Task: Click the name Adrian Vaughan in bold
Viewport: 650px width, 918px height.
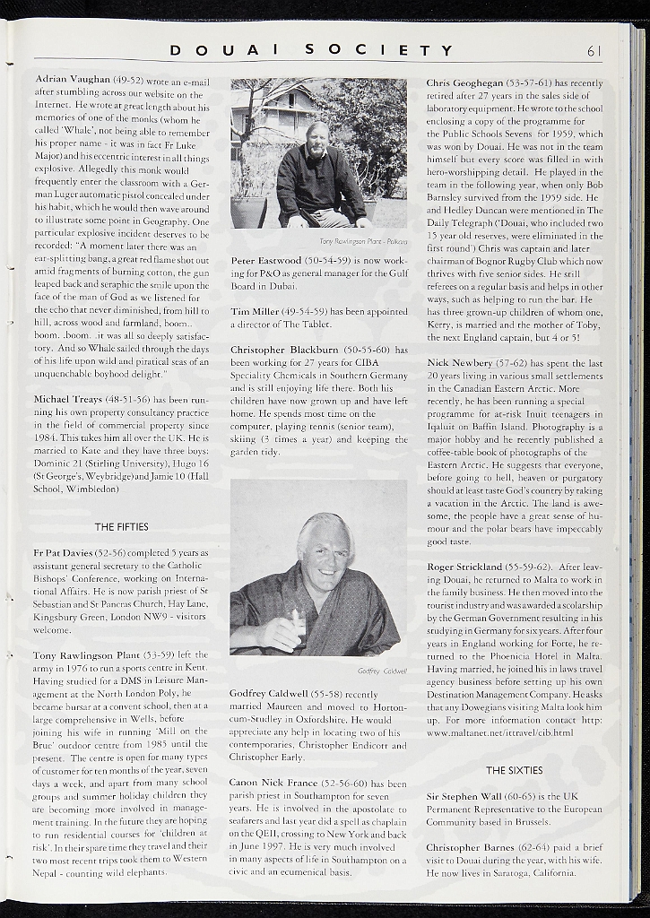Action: (74, 79)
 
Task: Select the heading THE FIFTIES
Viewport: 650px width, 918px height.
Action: (121, 526)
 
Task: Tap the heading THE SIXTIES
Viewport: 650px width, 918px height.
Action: (514, 770)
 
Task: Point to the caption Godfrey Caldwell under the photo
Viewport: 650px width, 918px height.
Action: (382, 671)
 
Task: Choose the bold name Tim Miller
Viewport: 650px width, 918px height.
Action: (255, 311)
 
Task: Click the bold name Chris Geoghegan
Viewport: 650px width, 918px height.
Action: (464, 82)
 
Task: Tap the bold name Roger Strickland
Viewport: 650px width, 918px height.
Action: (464, 567)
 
